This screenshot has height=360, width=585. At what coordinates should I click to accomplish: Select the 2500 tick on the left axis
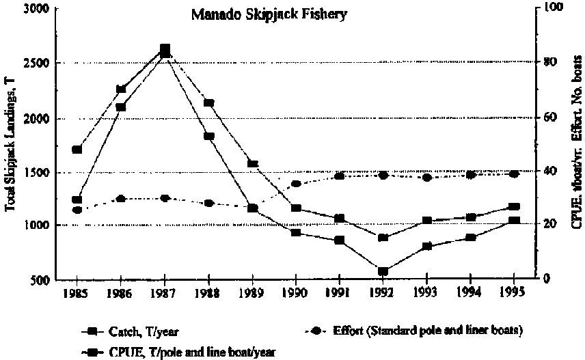point(37,64)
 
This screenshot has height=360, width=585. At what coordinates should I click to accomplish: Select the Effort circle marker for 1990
point(296,184)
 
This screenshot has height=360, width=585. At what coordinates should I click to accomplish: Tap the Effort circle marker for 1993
point(427,178)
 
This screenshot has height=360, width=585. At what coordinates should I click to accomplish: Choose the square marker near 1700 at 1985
point(77,150)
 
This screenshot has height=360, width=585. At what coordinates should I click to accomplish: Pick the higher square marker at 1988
point(209,103)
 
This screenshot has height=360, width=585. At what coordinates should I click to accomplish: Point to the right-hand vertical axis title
point(576,143)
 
